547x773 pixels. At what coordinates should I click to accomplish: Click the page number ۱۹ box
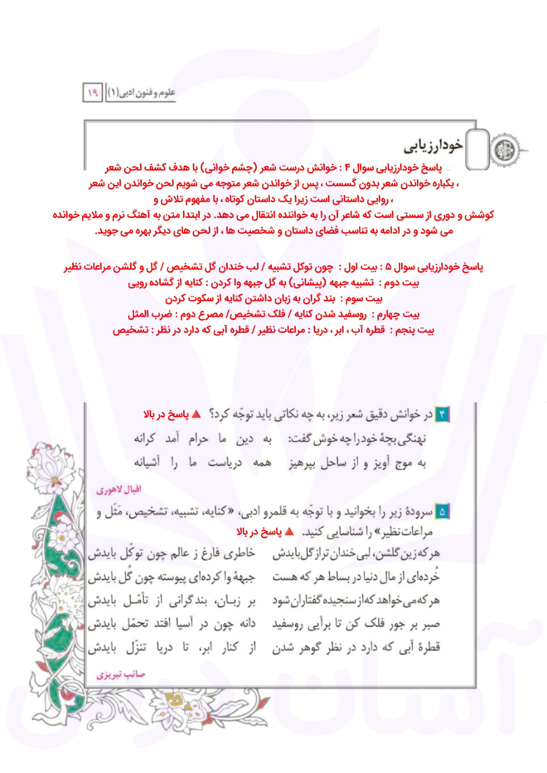(93, 92)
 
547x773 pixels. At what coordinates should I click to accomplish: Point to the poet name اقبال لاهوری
(119, 490)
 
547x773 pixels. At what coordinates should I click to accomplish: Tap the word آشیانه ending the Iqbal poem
(147, 463)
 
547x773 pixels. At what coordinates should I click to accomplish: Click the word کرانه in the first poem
(145, 439)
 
